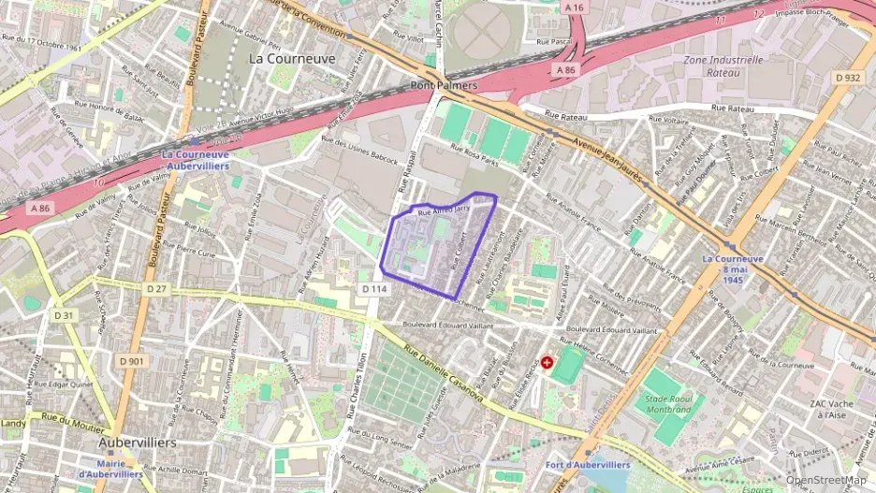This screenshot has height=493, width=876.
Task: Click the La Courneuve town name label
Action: pos(291,58)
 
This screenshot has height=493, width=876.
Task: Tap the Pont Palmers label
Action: pos(444,85)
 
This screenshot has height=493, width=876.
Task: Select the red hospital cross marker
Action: pos(547,362)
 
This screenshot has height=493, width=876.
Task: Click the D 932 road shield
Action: pos(848,78)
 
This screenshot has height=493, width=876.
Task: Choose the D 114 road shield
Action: pos(373,289)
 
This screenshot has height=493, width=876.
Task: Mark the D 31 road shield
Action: pos(64,315)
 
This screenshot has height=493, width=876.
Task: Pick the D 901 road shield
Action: pos(132,361)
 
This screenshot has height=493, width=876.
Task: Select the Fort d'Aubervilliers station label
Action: pos(588,464)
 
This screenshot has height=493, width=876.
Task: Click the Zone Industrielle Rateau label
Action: pos(723,65)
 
